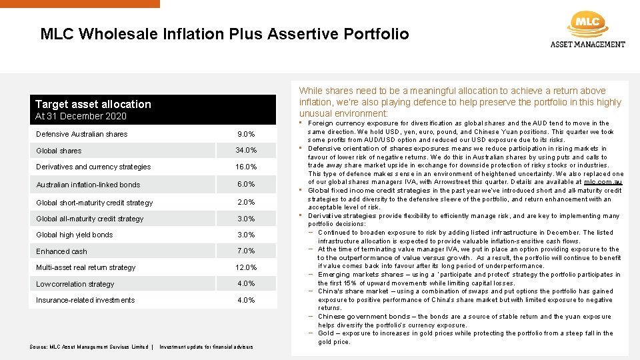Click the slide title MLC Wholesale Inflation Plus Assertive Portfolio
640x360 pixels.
pyautogui.click(x=225, y=34)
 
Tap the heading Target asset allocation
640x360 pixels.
pyautogui.click(x=93, y=104)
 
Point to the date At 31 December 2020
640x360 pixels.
pyautogui.click(x=81, y=117)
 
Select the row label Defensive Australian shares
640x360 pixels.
pyautogui.click(x=82, y=134)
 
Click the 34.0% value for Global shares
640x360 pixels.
pyautogui.click(x=246, y=150)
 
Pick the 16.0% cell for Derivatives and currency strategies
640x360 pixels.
pyautogui.click(x=246, y=167)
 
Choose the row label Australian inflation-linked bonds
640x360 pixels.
pyautogui.click(x=88, y=185)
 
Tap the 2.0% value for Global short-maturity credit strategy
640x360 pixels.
pyautogui.click(x=246, y=203)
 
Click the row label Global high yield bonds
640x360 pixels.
pyautogui.click(x=75, y=235)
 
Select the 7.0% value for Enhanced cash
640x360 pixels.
pyautogui.click(x=246, y=251)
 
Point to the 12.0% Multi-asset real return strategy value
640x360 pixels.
pyautogui.click(x=246, y=267)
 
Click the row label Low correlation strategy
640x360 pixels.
pyautogui.click(x=75, y=284)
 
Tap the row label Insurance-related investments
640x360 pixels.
pyautogui.click(x=85, y=300)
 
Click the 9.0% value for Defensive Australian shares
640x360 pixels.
pyautogui.click(x=246, y=134)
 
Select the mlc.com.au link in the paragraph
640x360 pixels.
pyautogui.click(x=603, y=182)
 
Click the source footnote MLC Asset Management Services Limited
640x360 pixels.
pyautogui.click(x=89, y=347)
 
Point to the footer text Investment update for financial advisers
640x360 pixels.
pyautogui.click(x=206, y=347)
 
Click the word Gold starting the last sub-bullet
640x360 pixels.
pyautogui.click(x=325, y=333)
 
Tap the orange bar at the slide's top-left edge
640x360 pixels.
pyautogui.click(x=80, y=3)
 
